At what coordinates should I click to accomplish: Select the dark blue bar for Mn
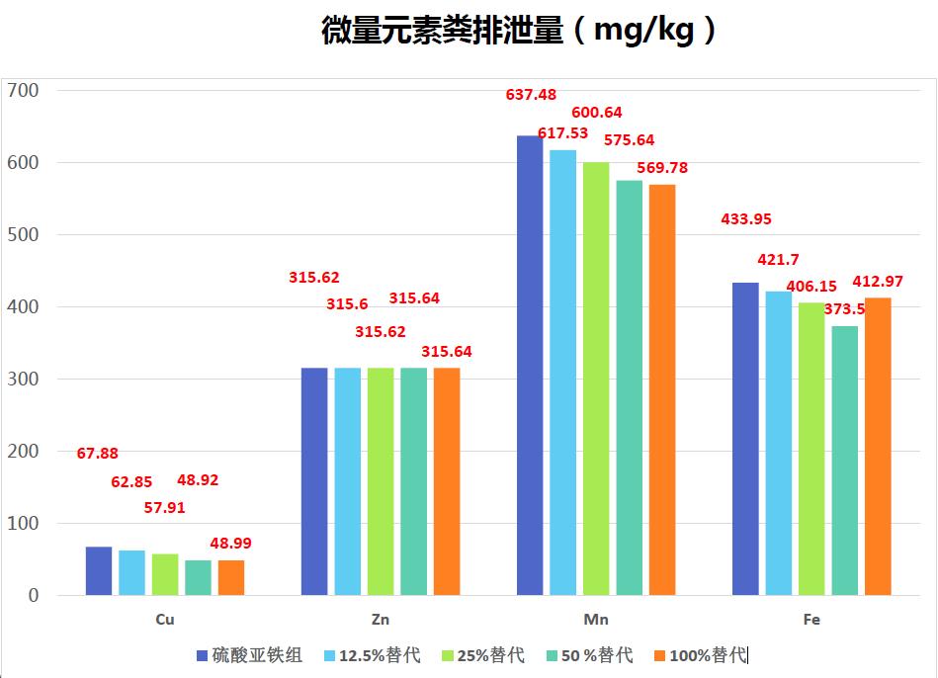click(x=530, y=366)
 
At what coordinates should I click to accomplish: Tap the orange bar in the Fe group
click(x=878, y=447)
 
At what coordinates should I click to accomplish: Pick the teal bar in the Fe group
click(x=845, y=461)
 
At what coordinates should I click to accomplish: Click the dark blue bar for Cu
click(x=99, y=571)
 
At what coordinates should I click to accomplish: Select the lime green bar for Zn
click(x=381, y=481)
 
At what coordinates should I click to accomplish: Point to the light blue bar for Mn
click(x=563, y=373)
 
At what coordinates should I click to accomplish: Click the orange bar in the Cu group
click(x=231, y=578)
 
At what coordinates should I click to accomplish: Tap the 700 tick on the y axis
click(x=23, y=90)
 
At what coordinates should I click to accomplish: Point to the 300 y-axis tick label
click(x=23, y=379)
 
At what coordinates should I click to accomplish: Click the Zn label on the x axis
click(x=381, y=621)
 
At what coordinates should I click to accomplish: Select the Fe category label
click(x=811, y=621)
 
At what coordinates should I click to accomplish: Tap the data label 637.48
click(x=531, y=95)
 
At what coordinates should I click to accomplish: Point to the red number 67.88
click(x=97, y=454)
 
